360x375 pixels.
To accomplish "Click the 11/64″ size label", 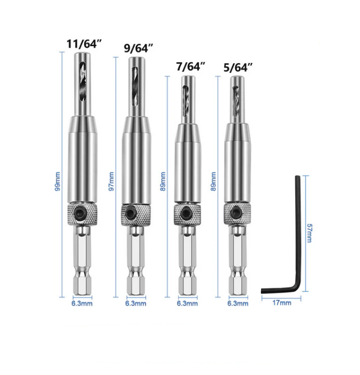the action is (x=84, y=44).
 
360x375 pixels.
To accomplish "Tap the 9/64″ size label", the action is (x=139, y=48).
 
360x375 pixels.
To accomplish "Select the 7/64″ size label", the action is (x=191, y=66).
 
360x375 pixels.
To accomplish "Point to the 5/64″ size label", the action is (x=238, y=68).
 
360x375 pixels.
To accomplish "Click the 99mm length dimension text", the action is (x=58, y=181).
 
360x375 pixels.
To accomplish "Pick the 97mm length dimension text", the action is (x=112, y=181).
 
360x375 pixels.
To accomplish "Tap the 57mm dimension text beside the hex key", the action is (x=309, y=233).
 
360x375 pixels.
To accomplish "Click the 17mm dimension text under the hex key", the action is (x=282, y=303).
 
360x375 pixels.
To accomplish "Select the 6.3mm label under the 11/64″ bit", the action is (x=82, y=304).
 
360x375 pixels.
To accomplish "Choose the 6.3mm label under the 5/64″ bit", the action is (x=238, y=304).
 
